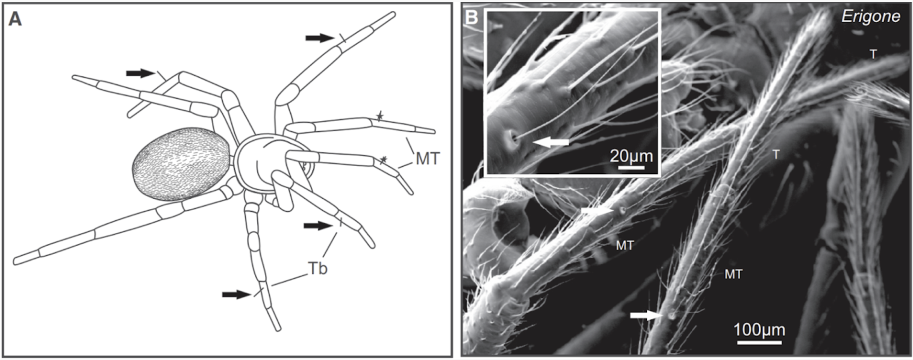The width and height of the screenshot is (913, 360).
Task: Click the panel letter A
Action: (16, 19)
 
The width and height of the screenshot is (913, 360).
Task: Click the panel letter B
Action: (473, 19)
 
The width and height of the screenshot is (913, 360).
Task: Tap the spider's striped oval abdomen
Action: (181, 163)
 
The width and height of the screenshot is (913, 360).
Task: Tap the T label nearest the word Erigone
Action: (873, 54)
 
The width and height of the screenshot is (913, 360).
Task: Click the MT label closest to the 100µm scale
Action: (733, 275)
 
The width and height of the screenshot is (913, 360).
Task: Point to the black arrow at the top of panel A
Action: (319, 38)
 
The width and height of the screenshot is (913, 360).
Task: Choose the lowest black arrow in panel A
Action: (236, 294)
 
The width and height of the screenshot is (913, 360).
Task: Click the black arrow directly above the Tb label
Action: (318, 226)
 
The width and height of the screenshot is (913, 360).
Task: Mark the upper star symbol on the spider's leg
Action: (380, 115)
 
